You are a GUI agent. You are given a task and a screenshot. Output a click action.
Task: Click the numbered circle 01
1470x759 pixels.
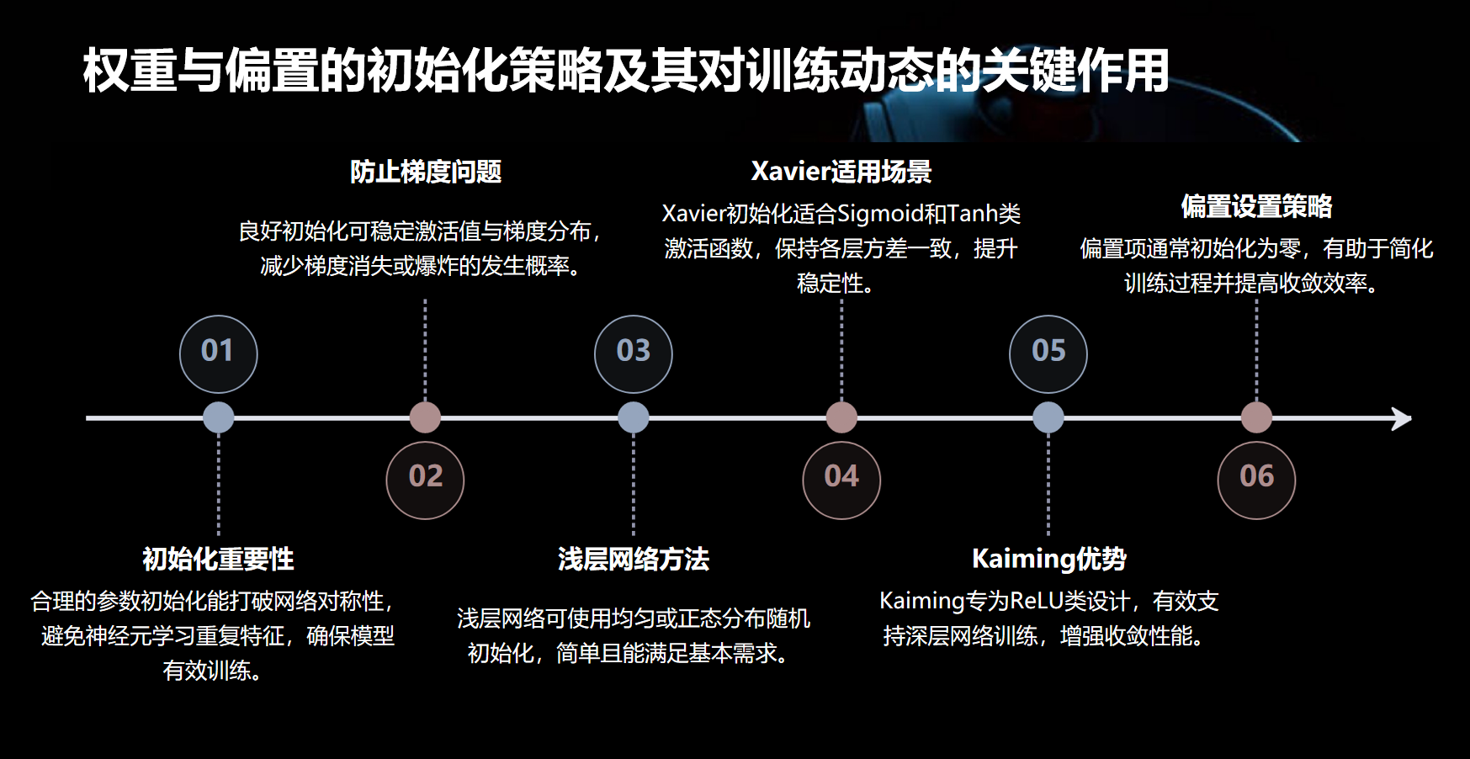tap(219, 353)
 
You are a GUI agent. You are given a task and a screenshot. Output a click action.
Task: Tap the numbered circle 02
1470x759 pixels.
tap(425, 480)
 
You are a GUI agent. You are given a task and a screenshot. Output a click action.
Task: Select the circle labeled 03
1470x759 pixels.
tap(634, 353)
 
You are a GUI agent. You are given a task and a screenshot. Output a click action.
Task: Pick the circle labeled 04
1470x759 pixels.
tap(841, 480)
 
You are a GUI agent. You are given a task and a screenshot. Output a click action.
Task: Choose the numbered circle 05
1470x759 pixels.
tap(1048, 353)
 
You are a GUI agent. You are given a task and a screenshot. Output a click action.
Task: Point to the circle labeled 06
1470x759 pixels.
tap(1256, 480)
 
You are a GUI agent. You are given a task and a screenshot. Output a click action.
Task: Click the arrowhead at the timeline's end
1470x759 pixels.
tap(1402, 418)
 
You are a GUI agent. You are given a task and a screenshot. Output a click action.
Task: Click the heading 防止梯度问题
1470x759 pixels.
tap(426, 172)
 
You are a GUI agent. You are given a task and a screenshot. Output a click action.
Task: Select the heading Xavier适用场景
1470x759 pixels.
tap(841, 172)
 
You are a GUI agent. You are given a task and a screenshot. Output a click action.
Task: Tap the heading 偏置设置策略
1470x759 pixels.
tap(1256, 206)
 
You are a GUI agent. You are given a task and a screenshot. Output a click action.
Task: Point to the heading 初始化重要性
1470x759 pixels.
tap(219, 559)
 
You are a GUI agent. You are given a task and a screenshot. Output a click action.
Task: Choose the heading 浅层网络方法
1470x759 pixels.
tap(634, 559)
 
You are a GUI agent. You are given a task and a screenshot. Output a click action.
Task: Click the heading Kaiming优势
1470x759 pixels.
tap(1048, 559)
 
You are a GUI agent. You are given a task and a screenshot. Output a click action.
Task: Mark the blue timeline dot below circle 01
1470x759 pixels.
tap(219, 417)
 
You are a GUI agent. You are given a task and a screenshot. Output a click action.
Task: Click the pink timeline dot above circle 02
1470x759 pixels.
tap(425, 417)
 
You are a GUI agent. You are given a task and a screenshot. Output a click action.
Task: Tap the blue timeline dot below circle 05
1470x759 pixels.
tap(1048, 417)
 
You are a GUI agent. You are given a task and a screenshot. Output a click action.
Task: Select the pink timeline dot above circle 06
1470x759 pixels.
tap(1256, 417)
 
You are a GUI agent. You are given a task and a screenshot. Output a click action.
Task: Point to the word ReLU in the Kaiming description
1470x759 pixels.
tap(1036, 601)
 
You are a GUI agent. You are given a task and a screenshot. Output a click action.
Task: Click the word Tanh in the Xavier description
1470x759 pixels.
tap(973, 214)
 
